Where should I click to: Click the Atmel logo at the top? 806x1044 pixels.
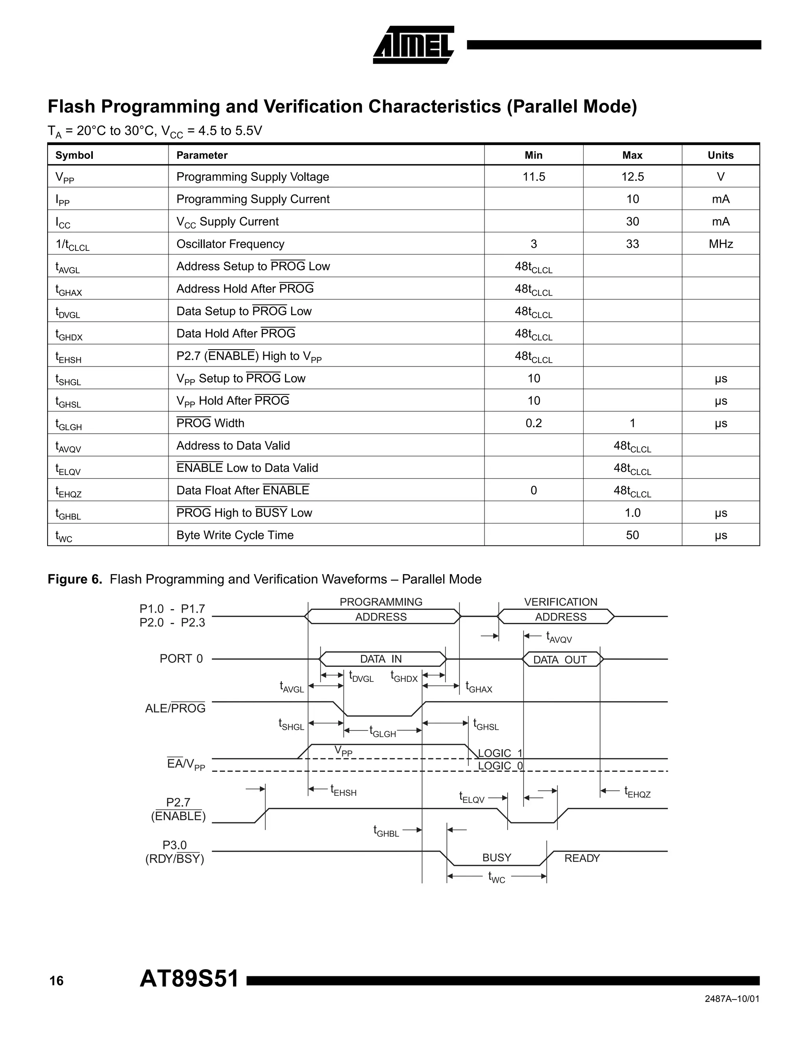(413, 45)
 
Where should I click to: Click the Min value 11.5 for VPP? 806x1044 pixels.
(533, 177)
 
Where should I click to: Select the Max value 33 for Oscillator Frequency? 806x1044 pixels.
(632, 244)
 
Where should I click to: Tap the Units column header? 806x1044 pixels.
(720, 155)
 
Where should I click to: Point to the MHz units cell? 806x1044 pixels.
(720, 244)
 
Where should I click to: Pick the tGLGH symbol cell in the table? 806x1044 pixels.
(68, 423)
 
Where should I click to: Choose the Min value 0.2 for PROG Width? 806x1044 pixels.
(533, 423)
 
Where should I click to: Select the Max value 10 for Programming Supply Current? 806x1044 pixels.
(632, 199)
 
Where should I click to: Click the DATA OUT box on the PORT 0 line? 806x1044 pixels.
(560, 660)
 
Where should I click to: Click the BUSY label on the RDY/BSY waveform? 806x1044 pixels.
(497, 858)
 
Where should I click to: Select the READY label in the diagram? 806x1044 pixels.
(582, 858)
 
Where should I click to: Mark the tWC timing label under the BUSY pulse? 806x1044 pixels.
(497, 877)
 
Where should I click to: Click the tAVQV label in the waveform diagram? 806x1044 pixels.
(559, 637)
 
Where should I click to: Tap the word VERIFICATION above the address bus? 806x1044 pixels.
(560, 602)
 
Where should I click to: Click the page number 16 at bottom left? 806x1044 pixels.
(56, 981)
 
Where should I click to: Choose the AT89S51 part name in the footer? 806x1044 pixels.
(189, 979)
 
